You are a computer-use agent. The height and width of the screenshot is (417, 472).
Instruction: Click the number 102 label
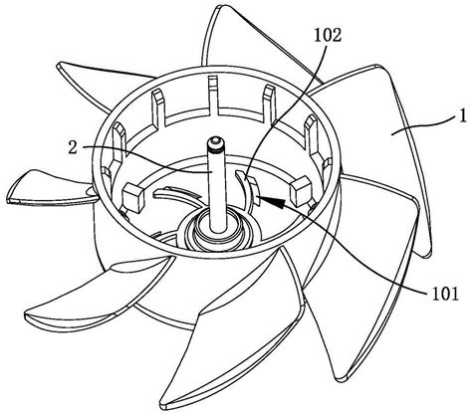pyautogui.click(x=328, y=36)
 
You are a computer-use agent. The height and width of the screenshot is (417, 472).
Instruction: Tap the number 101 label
pyautogui.click(x=445, y=294)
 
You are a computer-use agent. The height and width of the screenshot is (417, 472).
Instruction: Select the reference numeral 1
pyautogui.click(x=462, y=116)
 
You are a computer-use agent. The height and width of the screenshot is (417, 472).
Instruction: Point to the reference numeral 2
pyautogui.click(x=73, y=148)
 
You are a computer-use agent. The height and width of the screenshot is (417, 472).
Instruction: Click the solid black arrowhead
pyautogui.click(x=272, y=201)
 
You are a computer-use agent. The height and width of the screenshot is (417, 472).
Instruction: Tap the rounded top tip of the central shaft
pyautogui.click(x=215, y=140)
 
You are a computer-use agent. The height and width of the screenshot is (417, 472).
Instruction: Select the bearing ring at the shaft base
pyautogui.click(x=217, y=232)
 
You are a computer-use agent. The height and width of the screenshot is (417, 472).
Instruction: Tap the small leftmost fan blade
pyautogui.click(x=50, y=187)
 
